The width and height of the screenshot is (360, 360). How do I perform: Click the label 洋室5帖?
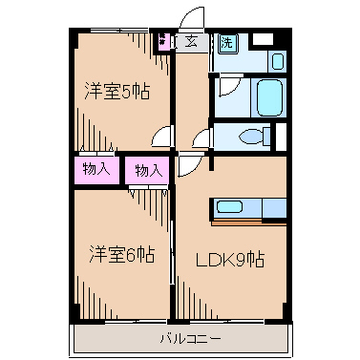(x=116, y=92)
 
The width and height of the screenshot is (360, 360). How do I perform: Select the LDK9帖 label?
(x=230, y=260)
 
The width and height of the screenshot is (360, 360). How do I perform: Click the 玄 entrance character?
(x=191, y=41)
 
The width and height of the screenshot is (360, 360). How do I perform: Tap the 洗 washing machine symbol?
(x=226, y=42)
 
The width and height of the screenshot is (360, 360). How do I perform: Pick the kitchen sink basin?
(x=230, y=206)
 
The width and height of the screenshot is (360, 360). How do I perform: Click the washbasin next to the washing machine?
(x=277, y=62)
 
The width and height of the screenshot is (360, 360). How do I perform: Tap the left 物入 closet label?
(x=95, y=169)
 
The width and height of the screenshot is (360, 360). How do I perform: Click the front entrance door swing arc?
(x=195, y=18)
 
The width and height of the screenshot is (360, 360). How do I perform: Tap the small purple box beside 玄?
(x=165, y=41)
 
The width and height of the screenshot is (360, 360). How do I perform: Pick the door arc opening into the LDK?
(x=189, y=163)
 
